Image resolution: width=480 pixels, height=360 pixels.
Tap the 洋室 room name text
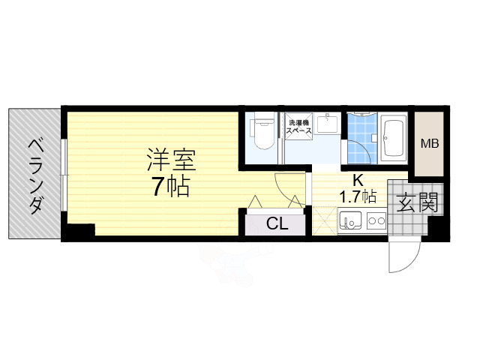coord(171,160)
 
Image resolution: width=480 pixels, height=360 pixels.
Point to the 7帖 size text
coord(170,187)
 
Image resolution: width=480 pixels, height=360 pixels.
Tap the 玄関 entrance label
coord(415,202)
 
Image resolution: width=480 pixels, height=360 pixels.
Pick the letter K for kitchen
coord(358,180)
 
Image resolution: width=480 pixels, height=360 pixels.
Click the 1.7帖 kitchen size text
coord(358,197)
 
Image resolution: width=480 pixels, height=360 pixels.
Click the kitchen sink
coord(351,223)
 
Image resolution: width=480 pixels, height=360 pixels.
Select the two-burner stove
coord(375,223)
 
